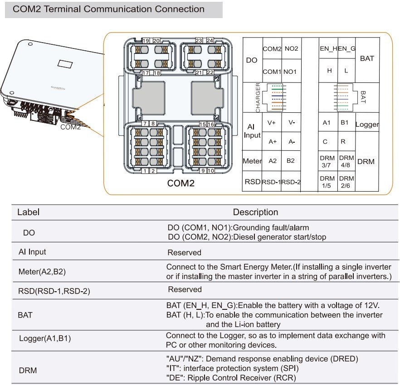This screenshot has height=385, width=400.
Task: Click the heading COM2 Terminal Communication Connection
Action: tap(108, 9)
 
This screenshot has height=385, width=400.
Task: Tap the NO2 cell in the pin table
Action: tap(291, 48)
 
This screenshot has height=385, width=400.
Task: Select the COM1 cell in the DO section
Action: tap(272, 72)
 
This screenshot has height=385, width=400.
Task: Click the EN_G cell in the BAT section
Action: tap(346, 48)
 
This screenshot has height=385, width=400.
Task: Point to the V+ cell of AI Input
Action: tap(272, 122)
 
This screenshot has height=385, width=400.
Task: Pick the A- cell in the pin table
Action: tap(292, 141)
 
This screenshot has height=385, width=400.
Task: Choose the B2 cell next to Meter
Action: tap(291, 160)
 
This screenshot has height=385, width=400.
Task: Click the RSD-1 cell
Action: tap(271, 182)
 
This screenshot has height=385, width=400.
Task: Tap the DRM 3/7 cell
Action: tap(327, 161)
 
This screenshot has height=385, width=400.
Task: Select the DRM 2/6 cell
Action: tap(346, 182)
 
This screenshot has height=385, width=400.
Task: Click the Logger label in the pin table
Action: tap(367, 125)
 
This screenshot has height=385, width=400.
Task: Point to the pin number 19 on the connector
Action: tap(146, 41)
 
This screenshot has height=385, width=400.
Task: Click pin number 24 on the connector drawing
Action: tap(210, 41)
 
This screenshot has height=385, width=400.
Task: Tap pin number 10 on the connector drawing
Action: tap(211, 171)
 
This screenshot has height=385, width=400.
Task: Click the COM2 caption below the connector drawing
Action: tap(180, 183)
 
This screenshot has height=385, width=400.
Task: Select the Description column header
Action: tap(255, 212)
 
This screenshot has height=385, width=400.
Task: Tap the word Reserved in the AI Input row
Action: tap(184, 252)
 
